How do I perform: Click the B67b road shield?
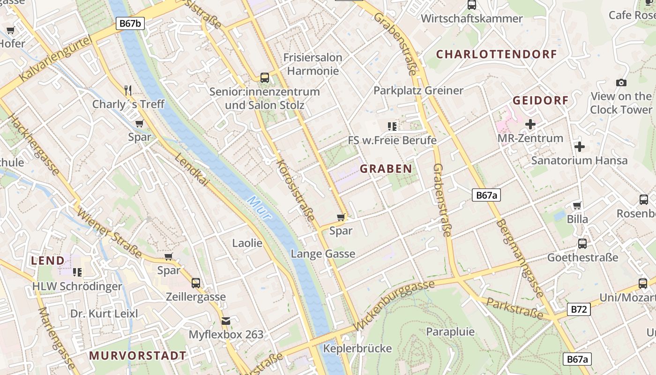click(x=130, y=23)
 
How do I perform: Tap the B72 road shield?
click(x=579, y=309)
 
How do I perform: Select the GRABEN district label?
click(x=386, y=169)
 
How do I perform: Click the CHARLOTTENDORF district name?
click(x=497, y=54)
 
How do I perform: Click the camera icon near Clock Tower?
click(x=621, y=82)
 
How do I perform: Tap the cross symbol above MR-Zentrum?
click(x=530, y=124)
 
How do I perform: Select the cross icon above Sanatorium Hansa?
click(x=580, y=147)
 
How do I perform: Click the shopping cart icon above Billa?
click(x=577, y=205)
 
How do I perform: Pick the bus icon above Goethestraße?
click(x=582, y=244)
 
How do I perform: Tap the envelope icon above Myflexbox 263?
click(x=226, y=321)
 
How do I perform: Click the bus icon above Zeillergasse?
click(x=196, y=283)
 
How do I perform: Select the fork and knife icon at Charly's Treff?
click(x=128, y=90)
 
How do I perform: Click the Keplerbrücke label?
click(x=358, y=348)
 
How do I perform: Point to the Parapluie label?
click(x=450, y=332)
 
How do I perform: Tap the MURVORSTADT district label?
click(x=138, y=355)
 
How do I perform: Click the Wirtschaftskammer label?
click(x=472, y=19)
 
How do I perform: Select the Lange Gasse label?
click(x=323, y=254)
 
